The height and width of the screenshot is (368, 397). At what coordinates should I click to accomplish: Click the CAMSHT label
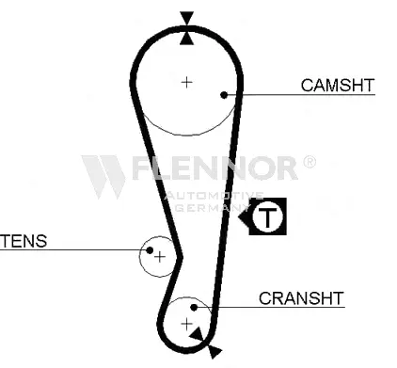[x=337, y=86]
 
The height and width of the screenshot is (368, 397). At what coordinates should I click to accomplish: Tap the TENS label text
[x=24, y=241]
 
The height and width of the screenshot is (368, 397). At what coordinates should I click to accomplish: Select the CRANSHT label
[x=301, y=299]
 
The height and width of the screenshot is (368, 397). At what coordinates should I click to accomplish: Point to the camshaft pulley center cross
[x=187, y=82]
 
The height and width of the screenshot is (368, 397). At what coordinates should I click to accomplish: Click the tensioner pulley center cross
[x=160, y=256]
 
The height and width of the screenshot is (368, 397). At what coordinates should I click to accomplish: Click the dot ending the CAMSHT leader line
[x=223, y=94]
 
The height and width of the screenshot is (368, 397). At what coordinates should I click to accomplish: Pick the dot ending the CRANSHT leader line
[x=193, y=307]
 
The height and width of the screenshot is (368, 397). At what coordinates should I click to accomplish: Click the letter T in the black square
[x=270, y=218]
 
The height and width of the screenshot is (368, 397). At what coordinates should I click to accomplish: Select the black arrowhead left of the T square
[x=246, y=219]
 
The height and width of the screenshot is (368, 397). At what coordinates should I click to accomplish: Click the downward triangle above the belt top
[x=187, y=17]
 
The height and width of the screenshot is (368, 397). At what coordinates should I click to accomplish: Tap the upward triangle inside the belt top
[x=187, y=37]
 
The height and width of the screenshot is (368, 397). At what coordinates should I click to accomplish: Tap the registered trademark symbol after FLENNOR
[x=310, y=162]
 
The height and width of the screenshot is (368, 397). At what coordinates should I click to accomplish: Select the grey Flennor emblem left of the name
[x=103, y=176]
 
